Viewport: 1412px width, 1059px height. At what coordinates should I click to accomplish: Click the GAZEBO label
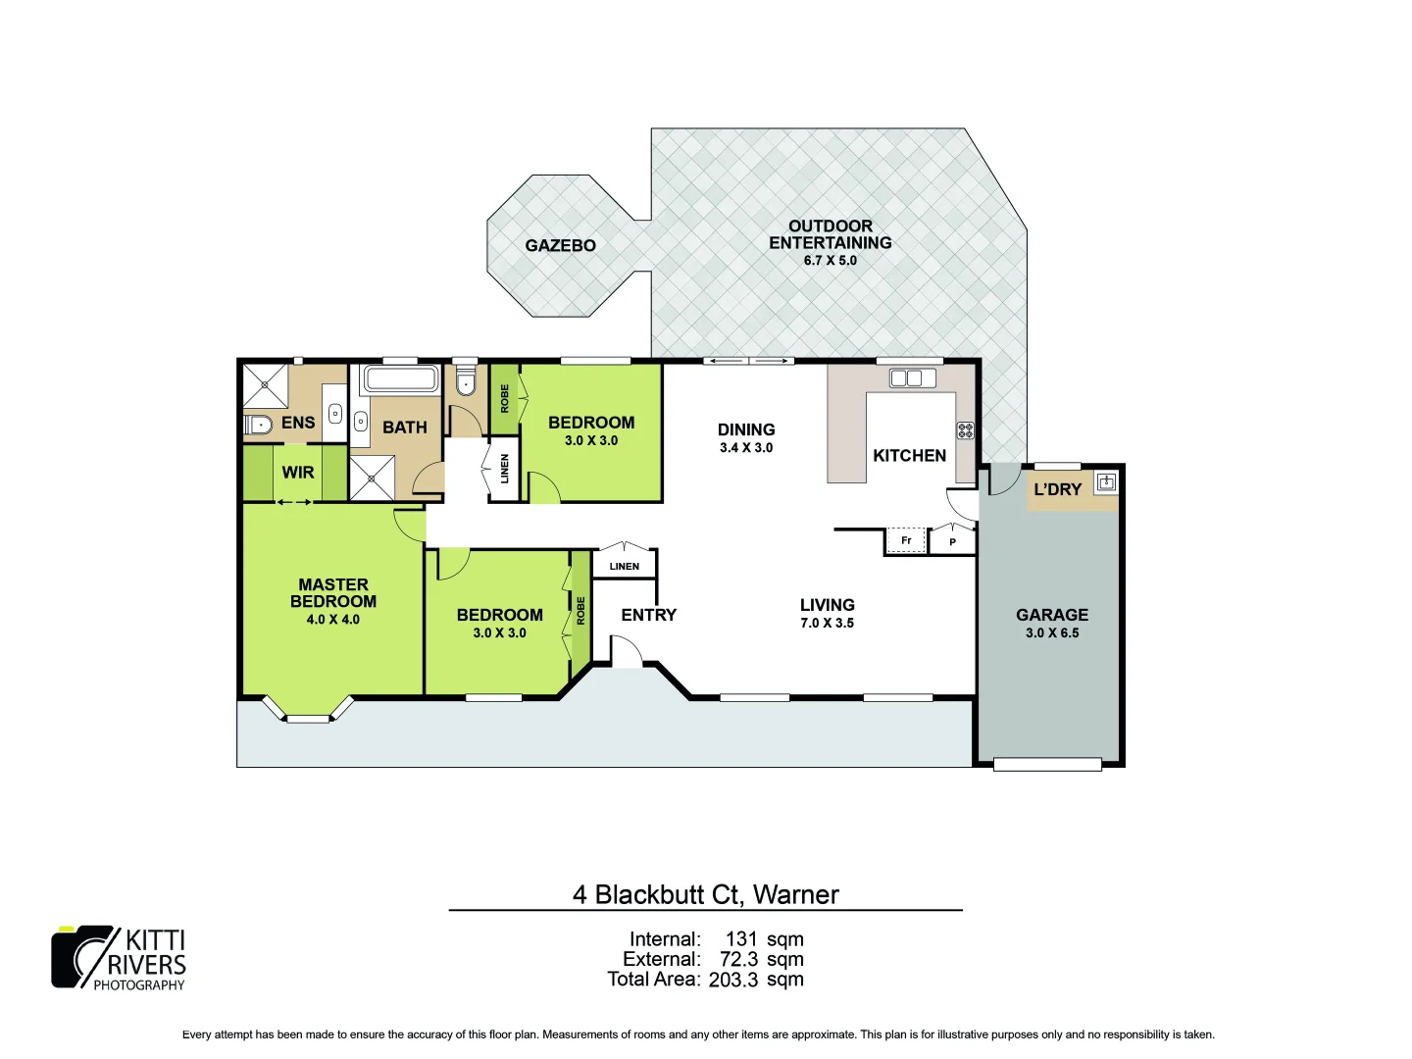(x=560, y=245)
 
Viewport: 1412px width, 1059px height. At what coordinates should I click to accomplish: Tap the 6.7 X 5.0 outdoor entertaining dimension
(x=830, y=261)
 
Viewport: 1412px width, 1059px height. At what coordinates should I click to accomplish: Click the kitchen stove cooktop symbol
(x=965, y=429)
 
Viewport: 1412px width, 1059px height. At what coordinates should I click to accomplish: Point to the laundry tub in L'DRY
(x=1106, y=481)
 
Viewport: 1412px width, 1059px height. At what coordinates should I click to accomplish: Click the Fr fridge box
(x=906, y=540)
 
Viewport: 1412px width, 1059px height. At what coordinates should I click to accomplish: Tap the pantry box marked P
(x=952, y=541)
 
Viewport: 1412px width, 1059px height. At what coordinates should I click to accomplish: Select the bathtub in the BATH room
(x=401, y=378)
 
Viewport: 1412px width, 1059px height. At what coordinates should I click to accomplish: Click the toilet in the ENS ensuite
(x=258, y=426)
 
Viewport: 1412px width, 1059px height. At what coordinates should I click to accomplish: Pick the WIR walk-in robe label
(x=298, y=473)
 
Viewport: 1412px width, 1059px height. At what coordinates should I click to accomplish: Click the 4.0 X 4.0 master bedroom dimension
(x=332, y=620)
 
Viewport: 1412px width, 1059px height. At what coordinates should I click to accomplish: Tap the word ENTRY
(x=648, y=615)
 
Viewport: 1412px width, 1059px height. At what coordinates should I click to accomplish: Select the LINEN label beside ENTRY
(x=624, y=566)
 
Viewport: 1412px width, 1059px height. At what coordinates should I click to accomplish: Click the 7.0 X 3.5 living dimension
(x=827, y=623)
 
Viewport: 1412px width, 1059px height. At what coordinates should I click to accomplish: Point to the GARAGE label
(x=1051, y=615)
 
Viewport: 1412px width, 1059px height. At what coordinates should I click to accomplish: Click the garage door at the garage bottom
(x=1047, y=764)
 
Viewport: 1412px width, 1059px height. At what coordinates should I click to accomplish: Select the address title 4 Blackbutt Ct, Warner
(x=705, y=894)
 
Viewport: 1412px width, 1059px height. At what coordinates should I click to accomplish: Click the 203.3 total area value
(x=732, y=980)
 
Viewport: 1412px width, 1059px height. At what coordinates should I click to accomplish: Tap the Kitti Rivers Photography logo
(x=119, y=958)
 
